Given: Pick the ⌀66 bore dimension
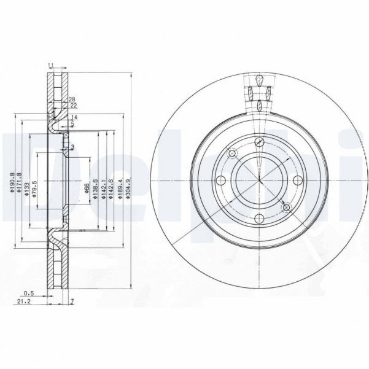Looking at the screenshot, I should click(x=87, y=187).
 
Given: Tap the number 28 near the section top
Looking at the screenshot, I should click(x=72, y=99).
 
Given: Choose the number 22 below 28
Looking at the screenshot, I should click(x=73, y=105).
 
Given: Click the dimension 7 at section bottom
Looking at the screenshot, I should click(x=72, y=301).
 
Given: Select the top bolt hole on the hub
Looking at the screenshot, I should click(x=259, y=143).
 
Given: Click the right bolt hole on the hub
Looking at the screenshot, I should click(x=298, y=181).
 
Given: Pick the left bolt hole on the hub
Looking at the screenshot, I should click(x=222, y=181).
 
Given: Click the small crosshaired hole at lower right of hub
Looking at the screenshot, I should click(x=285, y=208).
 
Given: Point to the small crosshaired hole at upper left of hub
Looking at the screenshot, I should click(x=233, y=153).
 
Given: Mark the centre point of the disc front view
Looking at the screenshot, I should click(x=259, y=181).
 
